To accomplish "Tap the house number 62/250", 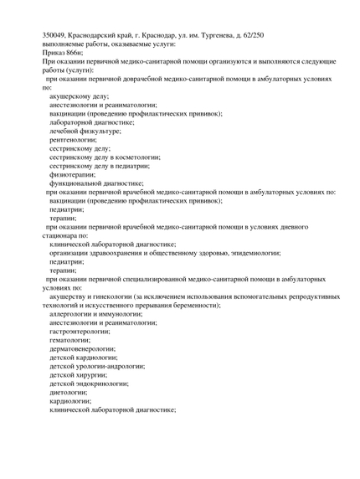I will [x=251, y=34].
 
